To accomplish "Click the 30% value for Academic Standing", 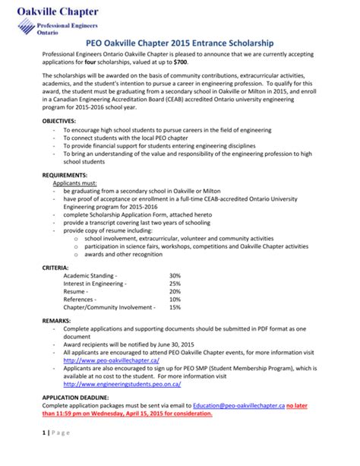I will point(175,275).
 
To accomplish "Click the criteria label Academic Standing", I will point(90,275).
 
